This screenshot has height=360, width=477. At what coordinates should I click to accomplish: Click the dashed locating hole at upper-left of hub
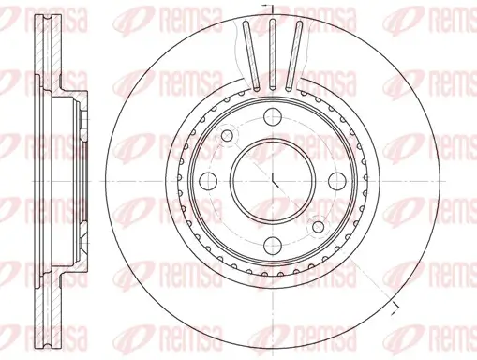[228, 139]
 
